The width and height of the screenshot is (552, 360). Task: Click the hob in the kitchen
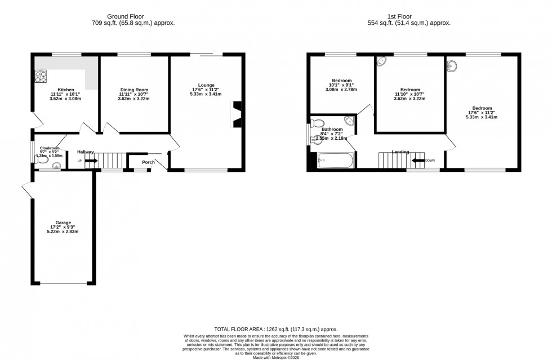(41, 76)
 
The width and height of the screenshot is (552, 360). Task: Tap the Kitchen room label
(66, 90)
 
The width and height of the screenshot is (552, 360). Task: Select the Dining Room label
(134, 90)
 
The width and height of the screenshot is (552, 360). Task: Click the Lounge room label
(207, 85)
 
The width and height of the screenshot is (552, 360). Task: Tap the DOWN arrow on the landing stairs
(418, 161)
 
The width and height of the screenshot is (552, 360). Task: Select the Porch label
(148, 163)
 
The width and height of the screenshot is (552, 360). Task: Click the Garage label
(63, 223)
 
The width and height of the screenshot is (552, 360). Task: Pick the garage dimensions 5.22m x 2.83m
(63, 232)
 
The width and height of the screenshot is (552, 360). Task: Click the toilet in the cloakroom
(41, 160)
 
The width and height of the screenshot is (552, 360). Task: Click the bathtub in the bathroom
(335, 161)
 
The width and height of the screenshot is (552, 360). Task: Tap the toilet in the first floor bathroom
(318, 124)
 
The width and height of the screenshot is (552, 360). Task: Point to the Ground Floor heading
(133, 16)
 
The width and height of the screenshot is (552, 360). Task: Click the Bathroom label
(333, 129)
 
